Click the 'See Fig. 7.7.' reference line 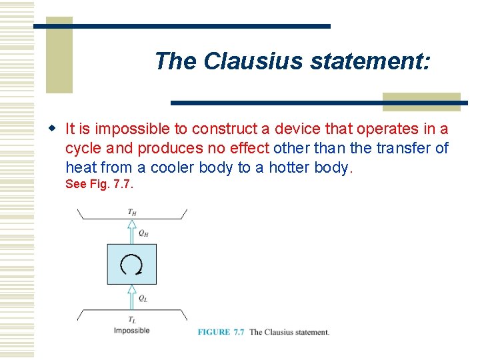[99, 184]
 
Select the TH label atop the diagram [133, 212]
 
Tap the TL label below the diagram [132, 320]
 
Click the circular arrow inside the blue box [132, 264]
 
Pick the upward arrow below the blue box [132, 297]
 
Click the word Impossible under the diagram [131, 331]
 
